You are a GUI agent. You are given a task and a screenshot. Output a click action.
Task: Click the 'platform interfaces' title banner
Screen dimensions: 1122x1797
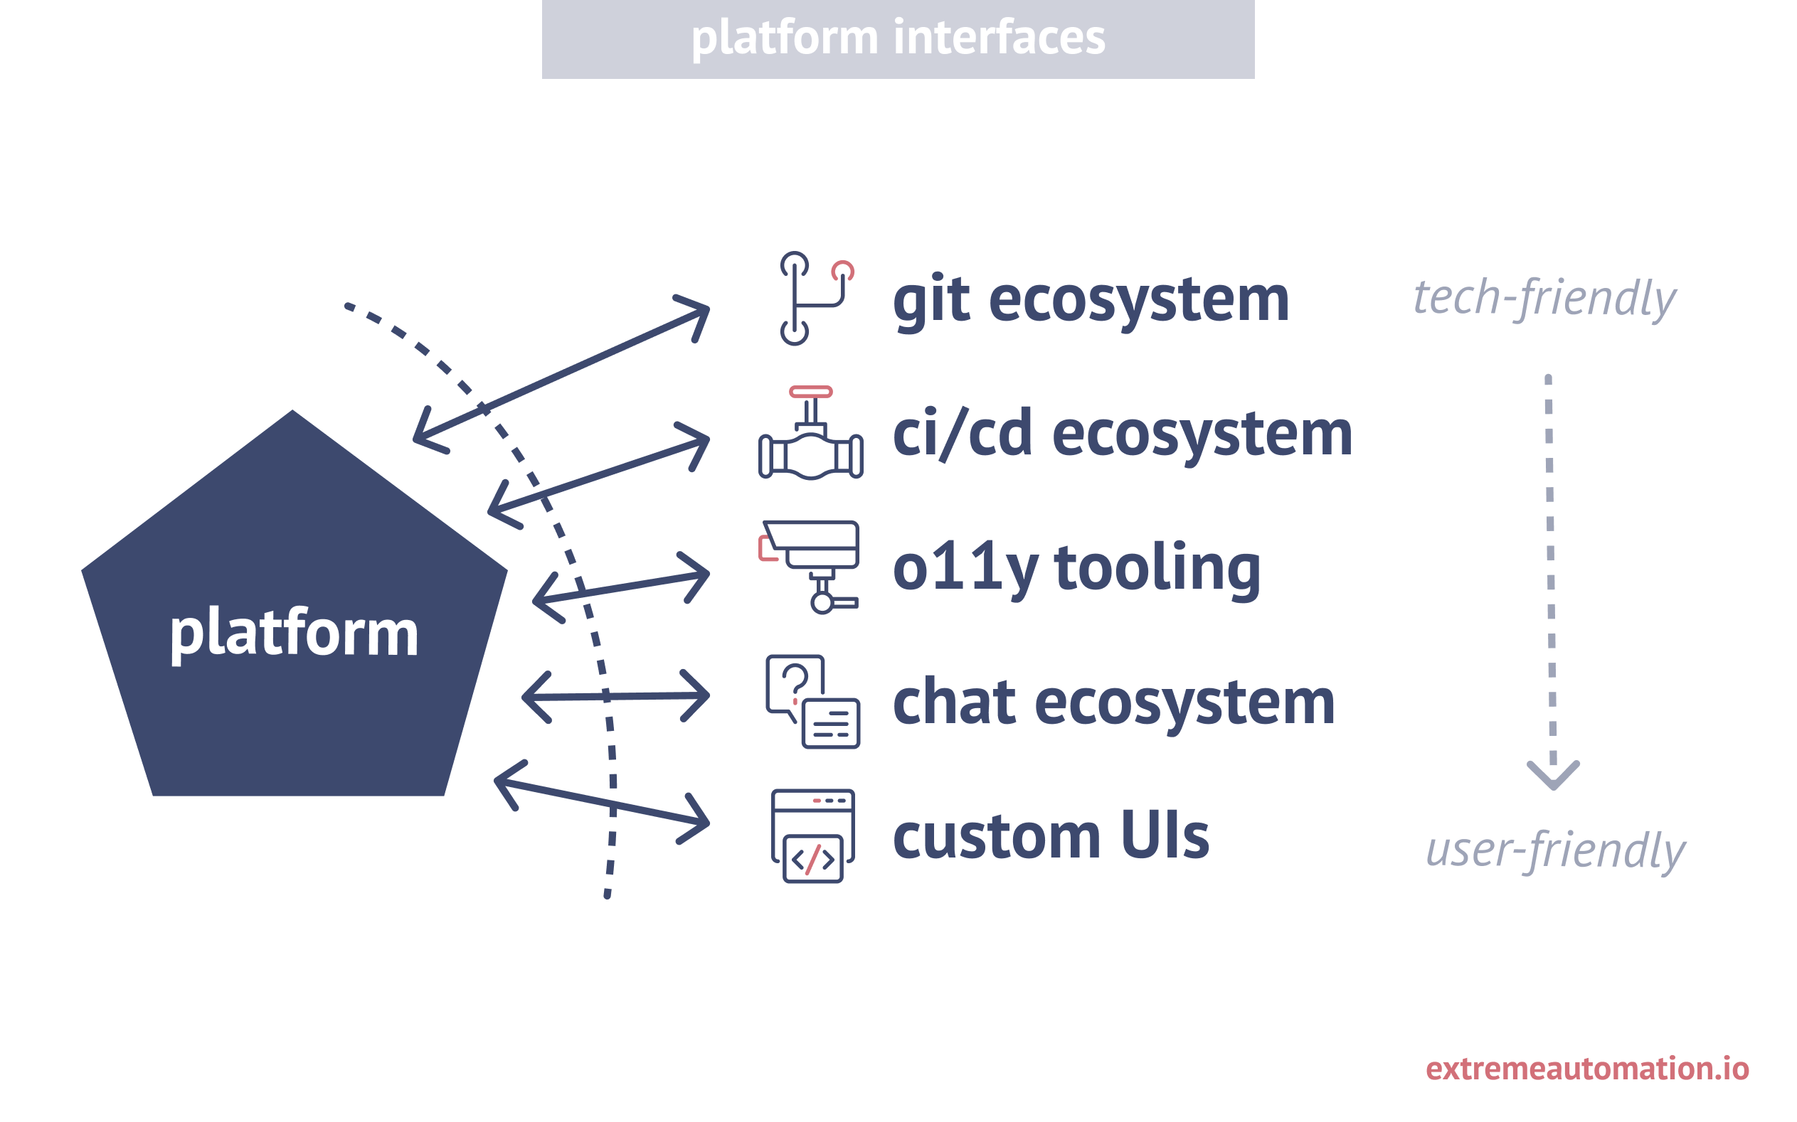[897, 38]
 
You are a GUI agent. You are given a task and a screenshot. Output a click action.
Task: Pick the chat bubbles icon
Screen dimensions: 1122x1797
[812, 701]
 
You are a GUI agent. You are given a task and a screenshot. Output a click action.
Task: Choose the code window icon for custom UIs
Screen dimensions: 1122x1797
[812, 835]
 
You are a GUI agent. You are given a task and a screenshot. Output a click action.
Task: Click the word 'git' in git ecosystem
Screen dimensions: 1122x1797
[931, 300]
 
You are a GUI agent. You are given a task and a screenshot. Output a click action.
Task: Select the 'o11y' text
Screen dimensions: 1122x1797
[964, 568]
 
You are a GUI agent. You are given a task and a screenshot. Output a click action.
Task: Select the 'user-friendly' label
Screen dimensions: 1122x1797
[1555, 850]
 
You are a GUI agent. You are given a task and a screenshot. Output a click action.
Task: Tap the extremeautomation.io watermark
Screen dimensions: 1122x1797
[1587, 1069]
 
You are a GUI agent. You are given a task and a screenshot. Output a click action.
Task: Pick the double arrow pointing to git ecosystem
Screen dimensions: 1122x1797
[561, 375]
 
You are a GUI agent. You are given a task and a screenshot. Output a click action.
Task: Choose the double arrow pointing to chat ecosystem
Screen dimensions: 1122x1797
[615, 696]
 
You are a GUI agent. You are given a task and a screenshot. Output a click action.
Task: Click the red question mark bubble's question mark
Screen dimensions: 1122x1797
[795, 680]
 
